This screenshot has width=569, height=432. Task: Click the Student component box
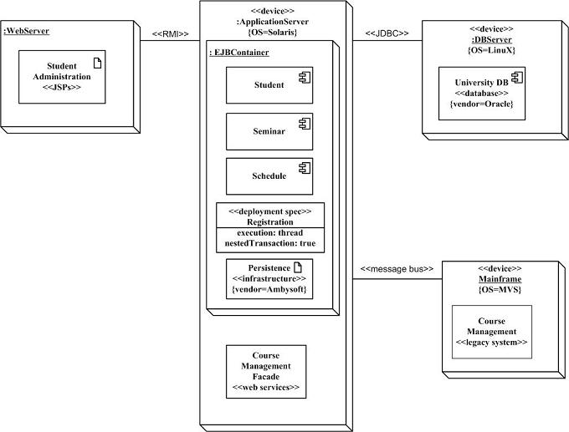coord(269,85)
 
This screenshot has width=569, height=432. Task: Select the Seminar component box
coord(269,131)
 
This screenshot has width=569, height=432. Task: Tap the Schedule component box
coord(269,176)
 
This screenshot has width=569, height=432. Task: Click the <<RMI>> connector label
coord(170,34)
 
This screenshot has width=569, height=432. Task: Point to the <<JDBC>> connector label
coord(387,34)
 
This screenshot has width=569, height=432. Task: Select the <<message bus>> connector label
coord(397,269)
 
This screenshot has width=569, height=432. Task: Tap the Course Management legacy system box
coord(492,332)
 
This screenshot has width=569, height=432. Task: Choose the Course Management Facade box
coord(266,372)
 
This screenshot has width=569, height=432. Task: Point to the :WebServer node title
coord(27,32)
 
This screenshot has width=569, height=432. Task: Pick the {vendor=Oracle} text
coord(481,104)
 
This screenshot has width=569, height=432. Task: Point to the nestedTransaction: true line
coord(269,243)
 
